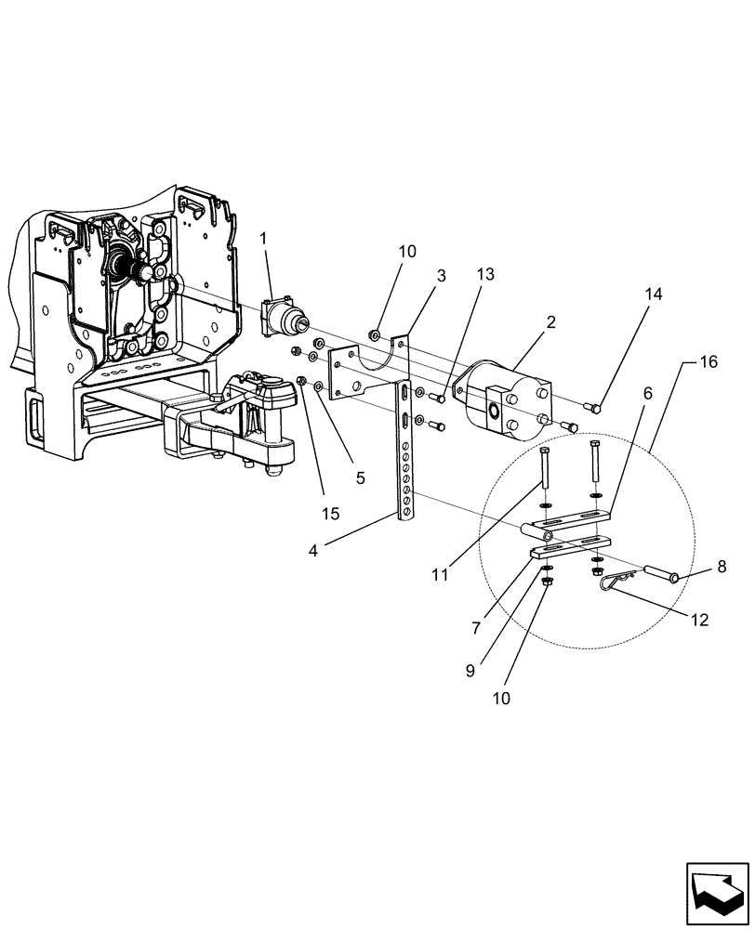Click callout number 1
coord(263,240)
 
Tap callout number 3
coord(441,276)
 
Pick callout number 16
coord(709,363)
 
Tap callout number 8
coord(722,564)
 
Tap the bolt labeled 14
coord(596,405)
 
